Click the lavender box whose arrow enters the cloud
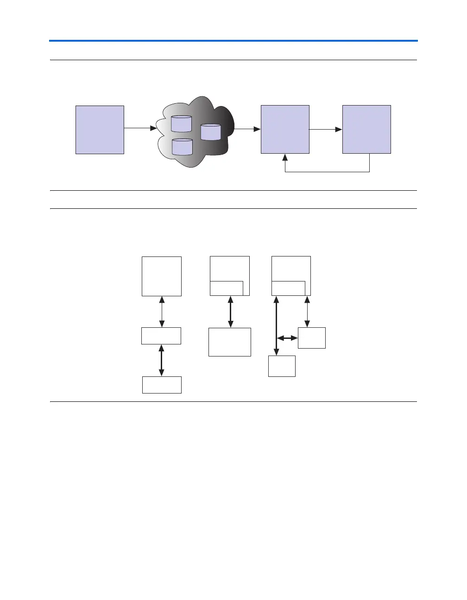click(x=100, y=130)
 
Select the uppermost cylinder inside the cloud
click(x=181, y=124)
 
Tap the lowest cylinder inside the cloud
click(x=182, y=147)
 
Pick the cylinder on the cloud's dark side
click(x=211, y=132)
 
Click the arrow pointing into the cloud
click(x=141, y=128)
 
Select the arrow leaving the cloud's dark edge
click(x=246, y=129)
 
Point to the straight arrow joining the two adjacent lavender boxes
click(x=325, y=130)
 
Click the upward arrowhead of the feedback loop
click(x=285, y=158)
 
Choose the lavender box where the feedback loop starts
click(x=366, y=130)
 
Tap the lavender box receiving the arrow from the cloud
click(x=285, y=130)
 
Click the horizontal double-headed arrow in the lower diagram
click(x=287, y=338)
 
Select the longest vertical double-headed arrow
click(x=277, y=325)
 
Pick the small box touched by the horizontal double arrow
click(x=312, y=338)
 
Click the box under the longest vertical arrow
click(x=282, y=366)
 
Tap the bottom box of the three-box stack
click(x=162, y=385)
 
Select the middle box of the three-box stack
click(x=161, y=336)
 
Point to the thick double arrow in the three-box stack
click(x=161, y=360)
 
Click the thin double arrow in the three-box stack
click(x=162, y=312)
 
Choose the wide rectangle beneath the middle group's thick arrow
click(x=230, y=342)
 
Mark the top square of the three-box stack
click(x=162, y=276)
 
